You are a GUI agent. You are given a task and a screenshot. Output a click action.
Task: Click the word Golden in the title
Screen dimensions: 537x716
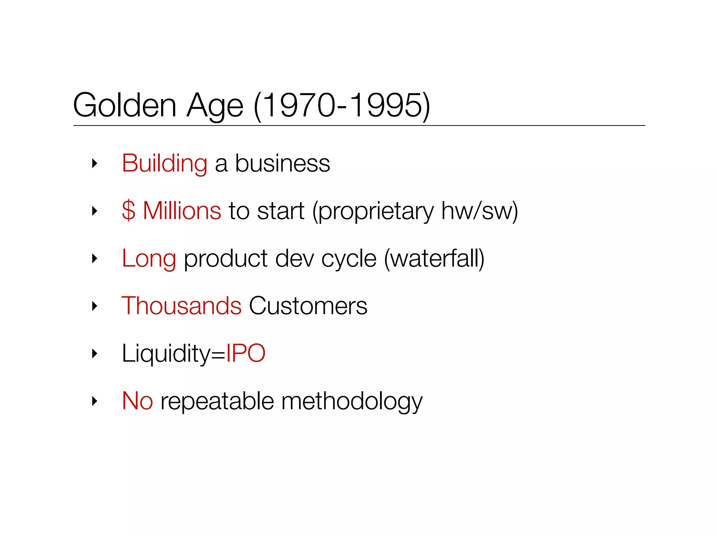pyautogui.click(x=124, y=105)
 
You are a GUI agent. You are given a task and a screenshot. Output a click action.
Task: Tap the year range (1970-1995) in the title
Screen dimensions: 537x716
pyautogui.click(x=342, y=105)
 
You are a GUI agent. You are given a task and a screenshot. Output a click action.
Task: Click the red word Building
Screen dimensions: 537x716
pyautogui.click(x=164, y=163)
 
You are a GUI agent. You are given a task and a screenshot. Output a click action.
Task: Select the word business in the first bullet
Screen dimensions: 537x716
pyautogui.click(x=282, y=163)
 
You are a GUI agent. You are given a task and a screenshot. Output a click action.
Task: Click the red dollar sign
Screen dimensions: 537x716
pyautogui.click(x=128, y=211)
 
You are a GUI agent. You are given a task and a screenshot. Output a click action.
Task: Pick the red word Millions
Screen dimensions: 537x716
pyautogui.click(x=182, y=211)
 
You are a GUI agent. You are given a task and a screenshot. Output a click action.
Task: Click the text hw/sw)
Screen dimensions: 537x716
pyautogui.click(x=479, y=211)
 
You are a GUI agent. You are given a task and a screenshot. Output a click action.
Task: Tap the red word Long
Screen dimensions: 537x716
pyautogui.click(x=149, y=259)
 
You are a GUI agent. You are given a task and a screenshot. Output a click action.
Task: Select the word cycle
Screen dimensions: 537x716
pyautogui.click(x=349, y=259)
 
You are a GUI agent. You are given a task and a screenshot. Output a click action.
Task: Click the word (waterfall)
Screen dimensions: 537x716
pyautogui.click(x=434, y=259)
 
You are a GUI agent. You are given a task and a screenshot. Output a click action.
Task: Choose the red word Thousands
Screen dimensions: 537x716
pyautogui.click(x=181, y=306)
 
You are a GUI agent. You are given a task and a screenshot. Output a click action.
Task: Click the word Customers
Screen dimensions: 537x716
pyautogui.click(x=308, y=306)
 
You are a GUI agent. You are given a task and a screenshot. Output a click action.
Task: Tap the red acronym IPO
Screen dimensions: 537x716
pyautogui.click(x=246, y=353)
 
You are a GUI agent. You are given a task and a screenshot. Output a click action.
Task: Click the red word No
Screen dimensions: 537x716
pyautogui.click(x=137, y=401)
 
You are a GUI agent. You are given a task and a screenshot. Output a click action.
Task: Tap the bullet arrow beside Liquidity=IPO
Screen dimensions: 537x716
pyautogui.click(x=94, y=354)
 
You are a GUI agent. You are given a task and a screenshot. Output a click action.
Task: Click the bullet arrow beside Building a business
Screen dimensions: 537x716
pyautogui.click(x=94, y=163)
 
